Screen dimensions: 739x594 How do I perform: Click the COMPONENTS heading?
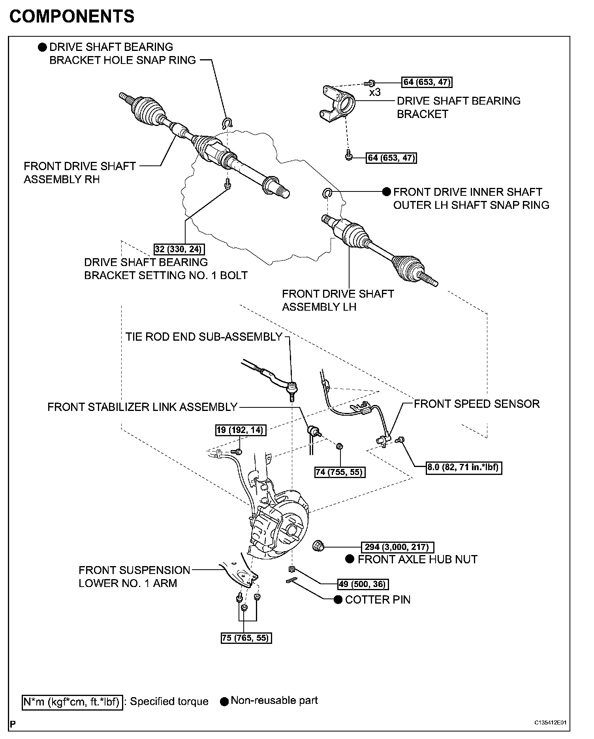point(72,17)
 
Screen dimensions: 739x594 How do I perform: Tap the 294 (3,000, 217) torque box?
point(397,547)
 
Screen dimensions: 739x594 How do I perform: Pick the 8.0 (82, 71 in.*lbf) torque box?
point(464,468)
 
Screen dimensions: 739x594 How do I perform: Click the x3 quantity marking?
point(374,93)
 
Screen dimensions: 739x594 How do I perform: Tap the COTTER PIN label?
point(378,600)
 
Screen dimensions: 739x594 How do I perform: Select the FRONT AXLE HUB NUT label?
point(417,559)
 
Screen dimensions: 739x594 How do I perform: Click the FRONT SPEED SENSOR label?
point(476,404)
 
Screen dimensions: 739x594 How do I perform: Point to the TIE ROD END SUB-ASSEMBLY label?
point(204,337)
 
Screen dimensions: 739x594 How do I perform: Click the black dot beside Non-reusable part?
point(225,701)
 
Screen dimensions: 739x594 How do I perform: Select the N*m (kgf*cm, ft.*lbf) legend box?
point(72,701)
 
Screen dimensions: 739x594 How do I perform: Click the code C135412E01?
point(551,723)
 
